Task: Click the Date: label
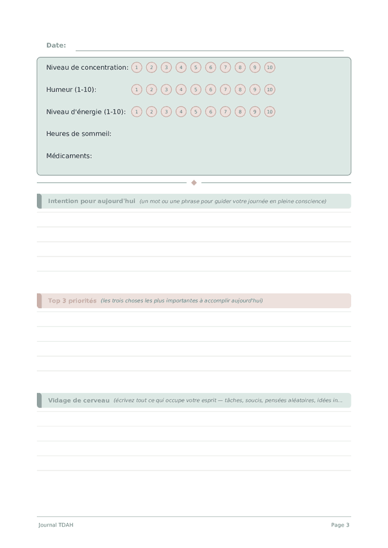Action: point(56,45)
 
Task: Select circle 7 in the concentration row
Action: point(225,67)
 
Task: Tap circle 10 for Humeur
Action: point(270,90)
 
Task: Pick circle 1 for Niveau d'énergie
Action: point(136,112)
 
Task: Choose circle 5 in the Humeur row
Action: point(196,90)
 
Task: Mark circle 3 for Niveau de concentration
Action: point(166,67)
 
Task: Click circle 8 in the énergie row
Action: point(240,112)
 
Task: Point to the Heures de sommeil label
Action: point(79,134)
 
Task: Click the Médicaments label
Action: point(69,156)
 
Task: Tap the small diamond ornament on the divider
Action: point(194,183)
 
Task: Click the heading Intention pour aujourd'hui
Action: point(91,201)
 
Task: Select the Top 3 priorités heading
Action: point(72,300)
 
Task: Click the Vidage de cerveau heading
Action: point(78,401)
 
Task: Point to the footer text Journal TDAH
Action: point(56,525)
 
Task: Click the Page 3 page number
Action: point(340,525)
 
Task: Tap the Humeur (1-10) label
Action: point(71,90)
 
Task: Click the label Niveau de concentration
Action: point(87,67)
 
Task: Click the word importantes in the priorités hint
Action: point(183,300)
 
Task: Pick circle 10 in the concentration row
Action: point(270,67)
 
